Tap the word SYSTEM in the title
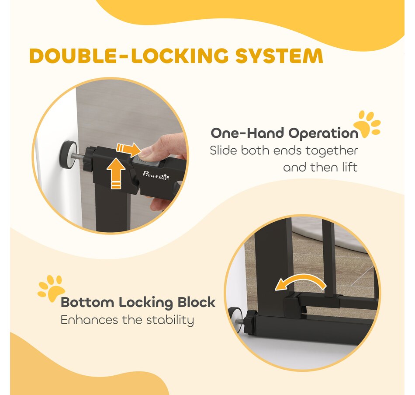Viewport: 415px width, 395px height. [279, 56]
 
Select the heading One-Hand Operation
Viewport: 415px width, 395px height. [284, 133]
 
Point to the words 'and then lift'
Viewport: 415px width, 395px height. [320, 167]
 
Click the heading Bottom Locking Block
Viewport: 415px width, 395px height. [138, 302]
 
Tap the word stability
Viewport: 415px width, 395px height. [170, 320]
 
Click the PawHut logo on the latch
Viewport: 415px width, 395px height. [156, 175]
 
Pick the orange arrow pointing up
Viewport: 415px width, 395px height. [116, 173]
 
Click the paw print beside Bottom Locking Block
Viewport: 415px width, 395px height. [51, 288]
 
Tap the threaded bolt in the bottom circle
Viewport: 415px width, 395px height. [239, 322]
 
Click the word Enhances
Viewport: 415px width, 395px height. [89, 320]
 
